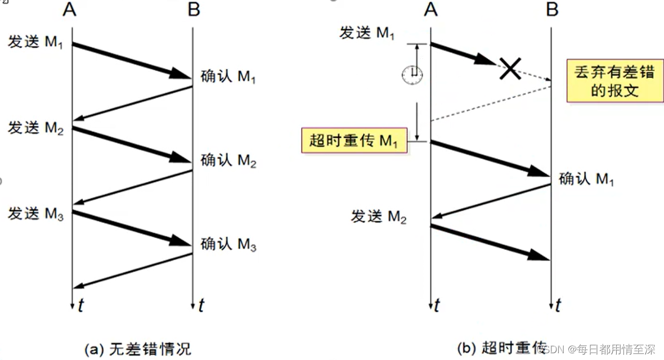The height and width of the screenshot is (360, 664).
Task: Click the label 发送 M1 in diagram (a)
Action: (35, 42)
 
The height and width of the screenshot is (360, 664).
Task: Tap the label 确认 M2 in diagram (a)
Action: (228, 161)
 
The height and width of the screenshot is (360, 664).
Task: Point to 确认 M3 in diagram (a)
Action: (228, 245)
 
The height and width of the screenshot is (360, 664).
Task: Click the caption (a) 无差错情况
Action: (137, 349)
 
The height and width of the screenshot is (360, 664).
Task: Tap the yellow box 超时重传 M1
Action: (354, 141)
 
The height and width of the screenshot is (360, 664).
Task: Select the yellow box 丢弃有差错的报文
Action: (614, 82)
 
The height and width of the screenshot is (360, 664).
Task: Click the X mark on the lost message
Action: (509, 68)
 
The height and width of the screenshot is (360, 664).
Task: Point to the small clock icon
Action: (412, 74)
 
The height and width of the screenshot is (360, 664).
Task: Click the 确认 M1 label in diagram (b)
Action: (586, 179)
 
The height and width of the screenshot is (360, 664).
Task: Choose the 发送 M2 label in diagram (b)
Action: (378, 217)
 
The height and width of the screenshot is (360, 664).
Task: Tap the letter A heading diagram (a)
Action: (70, 10)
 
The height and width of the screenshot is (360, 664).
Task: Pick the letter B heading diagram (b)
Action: (552, 10)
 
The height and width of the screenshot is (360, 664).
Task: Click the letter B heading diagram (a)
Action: (193, 10)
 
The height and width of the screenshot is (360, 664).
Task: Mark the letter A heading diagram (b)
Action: (431, 10)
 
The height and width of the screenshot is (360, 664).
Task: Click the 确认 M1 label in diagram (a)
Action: (228, 76)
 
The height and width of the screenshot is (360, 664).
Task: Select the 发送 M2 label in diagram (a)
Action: (35, 128)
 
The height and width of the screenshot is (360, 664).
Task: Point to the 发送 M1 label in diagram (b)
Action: (367, 33)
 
